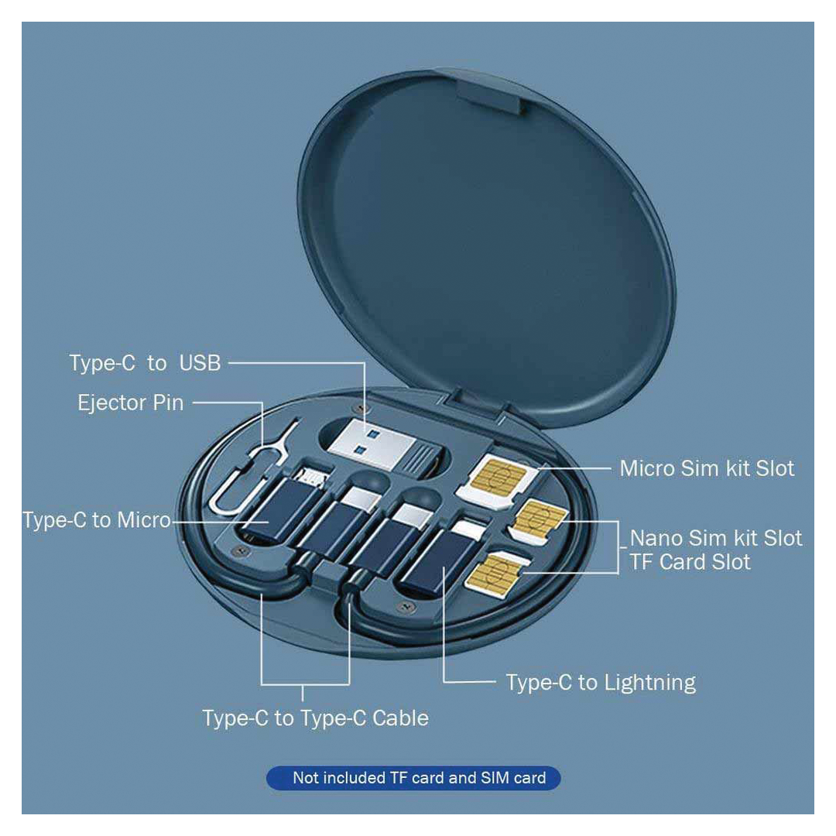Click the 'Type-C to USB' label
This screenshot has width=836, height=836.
pyautogui.click(x=145, y=362)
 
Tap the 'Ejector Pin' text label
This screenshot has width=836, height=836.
pyautogui.click(x=131, y=403)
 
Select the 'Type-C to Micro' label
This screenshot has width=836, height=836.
pyautogui.click(x=97, y=520)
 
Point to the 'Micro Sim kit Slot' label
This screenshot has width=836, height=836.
pyautogui.click(x=707, y=468)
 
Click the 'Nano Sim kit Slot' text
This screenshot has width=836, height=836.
pyautogui.click(x=716, y=539)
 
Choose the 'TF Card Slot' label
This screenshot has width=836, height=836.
pyautogui.click(x=690, y=562)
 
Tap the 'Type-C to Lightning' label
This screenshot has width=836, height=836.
pyautogui.click(x=601, y=683)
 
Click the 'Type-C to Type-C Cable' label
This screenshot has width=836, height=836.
pyautogui.click(x=316, y=718)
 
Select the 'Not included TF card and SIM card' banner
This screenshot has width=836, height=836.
pyautogui.click(x=413, y=778)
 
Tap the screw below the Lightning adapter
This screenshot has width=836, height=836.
pyautogui.click(x=405, y=606)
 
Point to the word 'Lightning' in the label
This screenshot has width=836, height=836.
pyautogui.click(x=649, y=683)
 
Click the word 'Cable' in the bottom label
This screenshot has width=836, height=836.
pyautogui.click(x=400, y=718)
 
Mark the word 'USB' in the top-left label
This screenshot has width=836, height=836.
pyautogui.click(x=200, y=362)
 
